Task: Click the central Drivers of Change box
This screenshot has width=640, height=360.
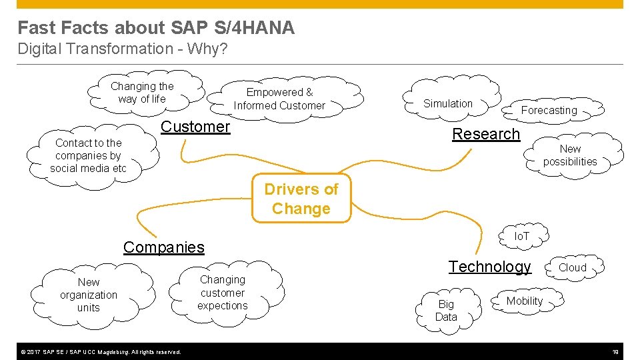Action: tap(301, 199)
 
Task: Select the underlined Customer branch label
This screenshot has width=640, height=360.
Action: tap(195, 127)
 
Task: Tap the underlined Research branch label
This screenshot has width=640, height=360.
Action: tap(485, 134)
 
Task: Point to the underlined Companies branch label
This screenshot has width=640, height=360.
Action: tap(163, 247)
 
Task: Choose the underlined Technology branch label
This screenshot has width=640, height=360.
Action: tap(489, 267)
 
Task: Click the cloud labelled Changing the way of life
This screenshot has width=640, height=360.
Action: tap(141, 93)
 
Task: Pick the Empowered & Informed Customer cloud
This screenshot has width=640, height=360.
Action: tap(279, 99)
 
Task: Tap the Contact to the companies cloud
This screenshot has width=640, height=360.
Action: tap(88, 156)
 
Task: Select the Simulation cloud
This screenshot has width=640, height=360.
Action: tap(448, 103)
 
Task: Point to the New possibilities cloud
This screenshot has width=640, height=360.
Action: tap(569, 155)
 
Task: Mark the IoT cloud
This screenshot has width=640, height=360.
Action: tap(521, 236)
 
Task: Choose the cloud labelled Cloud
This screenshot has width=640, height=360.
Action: tap(572, 267)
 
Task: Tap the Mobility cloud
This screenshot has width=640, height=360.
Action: tap(524, 301)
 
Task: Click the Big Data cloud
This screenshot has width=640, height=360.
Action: tap(446, 311)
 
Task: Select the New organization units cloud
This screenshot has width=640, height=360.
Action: tap(88, 295)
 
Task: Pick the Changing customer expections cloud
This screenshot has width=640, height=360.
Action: tap(223, 293)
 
